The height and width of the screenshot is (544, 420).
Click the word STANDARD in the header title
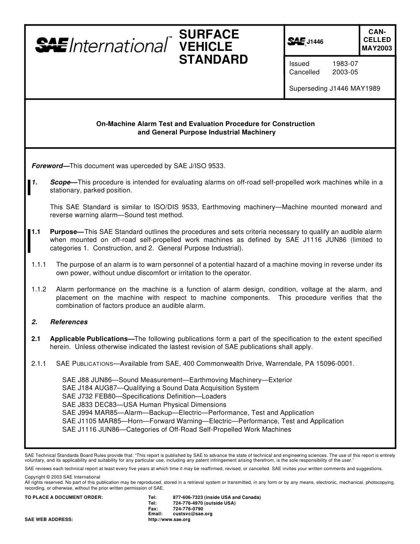point(213,60)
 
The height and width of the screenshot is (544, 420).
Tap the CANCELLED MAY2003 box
point(377,40)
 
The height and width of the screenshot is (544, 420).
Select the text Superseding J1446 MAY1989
point(334,88)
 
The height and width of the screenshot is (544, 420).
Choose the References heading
point(69,322)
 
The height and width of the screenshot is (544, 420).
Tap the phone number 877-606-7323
point(188,497)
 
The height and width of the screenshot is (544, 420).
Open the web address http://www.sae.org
point(169,520)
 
